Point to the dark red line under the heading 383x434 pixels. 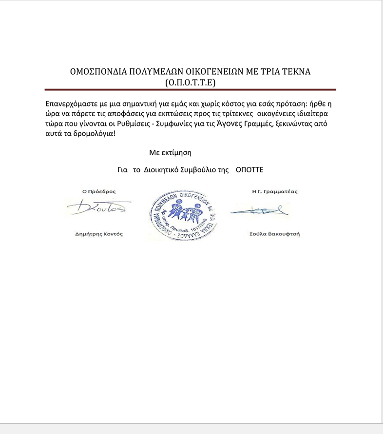[x=191, y=89]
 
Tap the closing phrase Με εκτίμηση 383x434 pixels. [x=170, y=152]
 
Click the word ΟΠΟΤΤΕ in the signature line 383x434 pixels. [x=249, y=170]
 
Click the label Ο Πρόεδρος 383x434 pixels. [x=99, y=192]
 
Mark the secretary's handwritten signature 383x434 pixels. [x=259, y=211]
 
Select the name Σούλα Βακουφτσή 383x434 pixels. [x=274, y=234]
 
